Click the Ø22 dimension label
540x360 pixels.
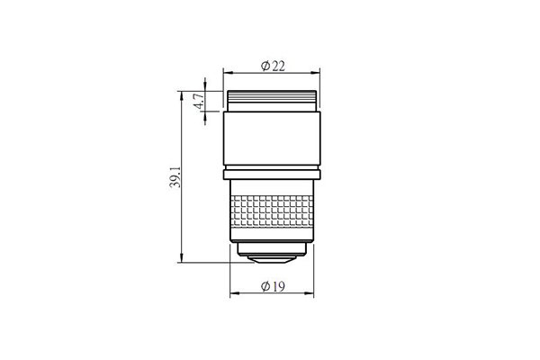tap(273, 66)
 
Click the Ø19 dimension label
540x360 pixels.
tap(273, 286)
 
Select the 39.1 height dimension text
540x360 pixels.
tap(175, 177)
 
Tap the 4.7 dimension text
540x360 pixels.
tap(200, 101)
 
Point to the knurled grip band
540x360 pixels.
tap(272, 211)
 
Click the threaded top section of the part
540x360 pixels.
tap(272, 101)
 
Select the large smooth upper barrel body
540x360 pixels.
tap(272, 138)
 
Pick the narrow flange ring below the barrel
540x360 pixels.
tap(272, 175)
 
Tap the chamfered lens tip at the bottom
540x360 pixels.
tap(272, 260)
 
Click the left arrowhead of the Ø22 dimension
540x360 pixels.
tap(228, 73)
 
